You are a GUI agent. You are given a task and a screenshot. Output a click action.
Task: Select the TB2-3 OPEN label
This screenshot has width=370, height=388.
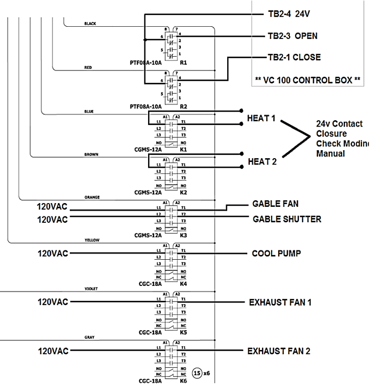(292, 36)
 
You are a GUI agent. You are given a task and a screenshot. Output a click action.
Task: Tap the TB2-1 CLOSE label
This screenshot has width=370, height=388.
(294, 57)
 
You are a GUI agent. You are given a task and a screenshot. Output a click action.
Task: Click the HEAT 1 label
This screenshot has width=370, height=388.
(261, 118)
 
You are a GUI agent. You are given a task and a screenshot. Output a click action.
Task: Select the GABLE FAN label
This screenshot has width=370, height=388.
(275, 204)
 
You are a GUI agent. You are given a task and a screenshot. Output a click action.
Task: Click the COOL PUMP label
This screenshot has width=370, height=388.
(274, 253)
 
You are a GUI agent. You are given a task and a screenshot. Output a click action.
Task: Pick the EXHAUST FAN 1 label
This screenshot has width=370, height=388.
(280, 302)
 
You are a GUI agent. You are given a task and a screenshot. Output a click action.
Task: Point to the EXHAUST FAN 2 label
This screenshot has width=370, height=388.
(279, 351)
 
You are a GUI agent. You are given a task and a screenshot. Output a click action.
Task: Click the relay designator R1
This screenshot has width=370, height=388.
(183, 63)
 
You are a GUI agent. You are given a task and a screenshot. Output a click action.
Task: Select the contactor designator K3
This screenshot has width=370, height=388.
(183, 235)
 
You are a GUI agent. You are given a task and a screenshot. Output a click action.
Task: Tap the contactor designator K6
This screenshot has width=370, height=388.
(183, 381)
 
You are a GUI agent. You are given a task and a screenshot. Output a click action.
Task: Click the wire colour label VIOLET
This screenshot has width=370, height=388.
(92, 289)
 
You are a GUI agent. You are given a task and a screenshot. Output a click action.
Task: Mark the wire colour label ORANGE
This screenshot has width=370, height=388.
(92, 197)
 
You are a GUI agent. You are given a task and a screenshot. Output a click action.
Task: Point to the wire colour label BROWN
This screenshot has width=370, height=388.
(91, 154)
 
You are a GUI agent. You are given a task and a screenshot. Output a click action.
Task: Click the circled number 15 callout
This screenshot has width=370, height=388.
(197, 374)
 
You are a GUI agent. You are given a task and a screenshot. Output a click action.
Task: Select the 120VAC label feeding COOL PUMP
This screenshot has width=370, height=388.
(52, 253)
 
